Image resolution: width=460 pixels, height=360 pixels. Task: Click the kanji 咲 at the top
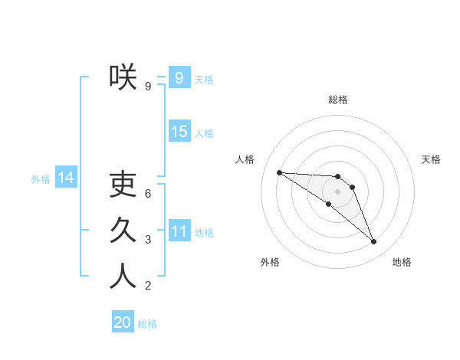point(123,77)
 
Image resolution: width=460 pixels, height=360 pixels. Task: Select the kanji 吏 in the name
point(123,185)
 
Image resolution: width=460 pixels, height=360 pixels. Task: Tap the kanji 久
point(123,231)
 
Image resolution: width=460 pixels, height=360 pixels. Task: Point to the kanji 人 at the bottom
point(123,277)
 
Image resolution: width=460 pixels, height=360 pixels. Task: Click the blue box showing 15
point(179,131)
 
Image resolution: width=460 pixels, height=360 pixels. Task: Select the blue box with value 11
point(179,231)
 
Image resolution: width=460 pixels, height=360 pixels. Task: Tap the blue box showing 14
point(66,178)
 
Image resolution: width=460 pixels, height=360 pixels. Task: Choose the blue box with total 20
point(123,322)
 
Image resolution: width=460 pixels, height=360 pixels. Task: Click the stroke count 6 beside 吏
point(148,194)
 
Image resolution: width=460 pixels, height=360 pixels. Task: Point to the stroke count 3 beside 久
point(148,240)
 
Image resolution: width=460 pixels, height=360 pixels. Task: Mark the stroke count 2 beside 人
point(148,286)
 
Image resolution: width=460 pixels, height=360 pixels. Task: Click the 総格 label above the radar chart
point(337,100)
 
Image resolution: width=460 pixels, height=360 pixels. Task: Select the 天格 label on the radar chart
point(431,159)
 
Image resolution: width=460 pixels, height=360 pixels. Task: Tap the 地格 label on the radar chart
point(402,262)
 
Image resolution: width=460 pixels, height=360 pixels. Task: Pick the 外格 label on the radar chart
point(270,262)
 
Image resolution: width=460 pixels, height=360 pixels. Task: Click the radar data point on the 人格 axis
point(279,172)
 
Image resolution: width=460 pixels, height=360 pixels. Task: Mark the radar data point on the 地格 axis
point(373,241)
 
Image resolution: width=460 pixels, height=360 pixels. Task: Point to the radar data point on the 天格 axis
point(352,187)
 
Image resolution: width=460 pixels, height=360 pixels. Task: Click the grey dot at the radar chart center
point(337,191)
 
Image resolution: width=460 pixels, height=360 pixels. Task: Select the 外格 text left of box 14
point(41,179)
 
